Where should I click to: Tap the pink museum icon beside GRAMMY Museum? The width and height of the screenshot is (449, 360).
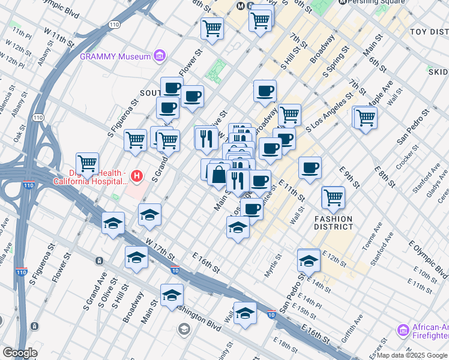pyautogui.click(x=160, y=56)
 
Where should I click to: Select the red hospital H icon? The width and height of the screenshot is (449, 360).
pyautogui.click(x=137, y=176)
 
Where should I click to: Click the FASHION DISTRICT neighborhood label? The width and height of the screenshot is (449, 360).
pyautogui.click(x=333, y=223)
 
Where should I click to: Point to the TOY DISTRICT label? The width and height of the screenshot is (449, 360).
pyautogui.click(x=429, y=31)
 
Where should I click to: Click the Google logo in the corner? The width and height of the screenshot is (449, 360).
pyautogui.click(x=19, y=353)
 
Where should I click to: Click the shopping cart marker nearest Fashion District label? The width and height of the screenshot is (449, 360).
pyautogui.click(x=333, y=196)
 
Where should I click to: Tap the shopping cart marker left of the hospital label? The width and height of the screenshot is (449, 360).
pyautogui.click(x=88, y=163)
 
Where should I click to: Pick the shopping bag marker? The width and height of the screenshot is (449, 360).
pyautogui.click(x=219, y=175)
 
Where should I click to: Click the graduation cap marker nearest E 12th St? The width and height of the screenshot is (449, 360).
pyautogui.click(x=309, y=260)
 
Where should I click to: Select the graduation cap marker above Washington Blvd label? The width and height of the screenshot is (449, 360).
pyautogui.click(x=172, y=295)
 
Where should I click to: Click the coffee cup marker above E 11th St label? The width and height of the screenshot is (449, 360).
pyautogui.click(x=310, y=167)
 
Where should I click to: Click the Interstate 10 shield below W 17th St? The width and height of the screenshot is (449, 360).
pyautogui.click(x=174, y=271)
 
